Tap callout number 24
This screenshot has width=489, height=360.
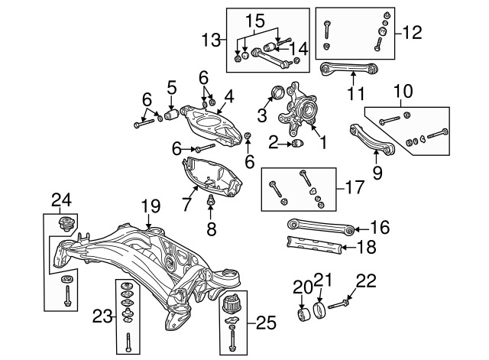point(61,200)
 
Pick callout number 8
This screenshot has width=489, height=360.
point(211,228)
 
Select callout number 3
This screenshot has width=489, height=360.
point(262,115)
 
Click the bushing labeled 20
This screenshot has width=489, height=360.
point(304,315)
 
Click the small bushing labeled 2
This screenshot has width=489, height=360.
point(298,143)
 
